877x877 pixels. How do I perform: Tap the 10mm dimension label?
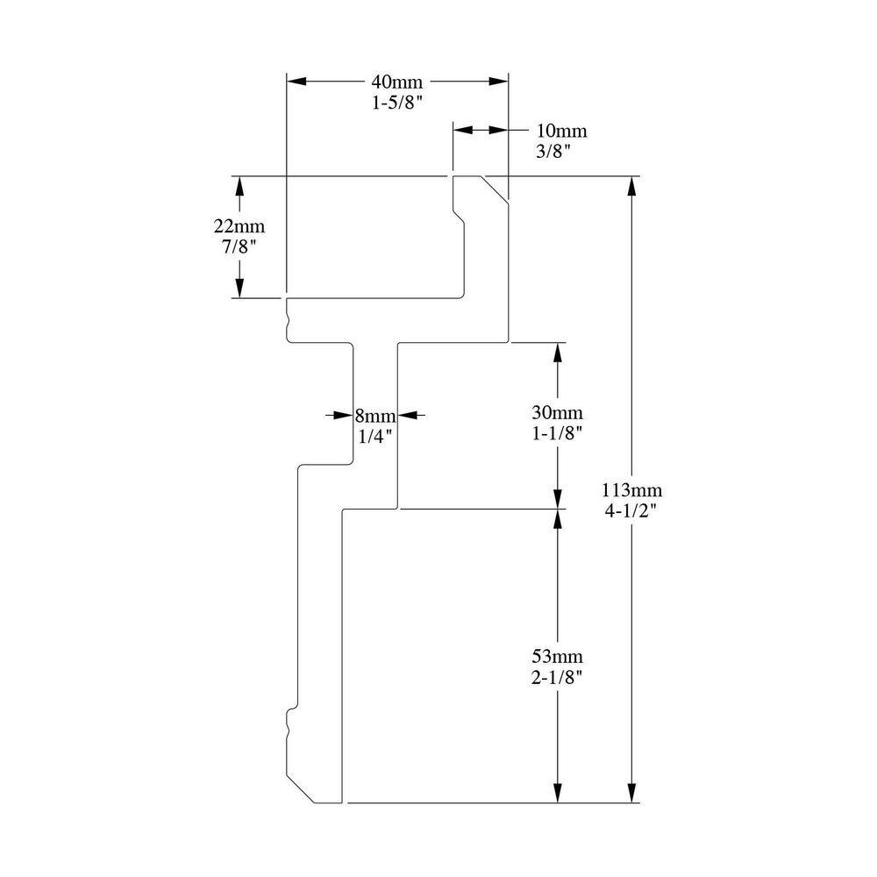(x=561, y=132)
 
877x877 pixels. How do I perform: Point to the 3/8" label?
(x=553, y=152)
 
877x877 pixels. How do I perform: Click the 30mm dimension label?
(x=558, y=412)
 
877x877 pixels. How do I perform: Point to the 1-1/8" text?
(x=558, y=432)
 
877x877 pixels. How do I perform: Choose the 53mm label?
(x=558, y=657)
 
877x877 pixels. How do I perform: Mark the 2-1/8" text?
(x=558, y=677)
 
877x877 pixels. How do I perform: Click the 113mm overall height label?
(x=632, y=490)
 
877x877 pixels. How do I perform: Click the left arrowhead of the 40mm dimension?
(x=296, y=82)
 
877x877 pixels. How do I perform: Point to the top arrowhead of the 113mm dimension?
(x=631, y=185)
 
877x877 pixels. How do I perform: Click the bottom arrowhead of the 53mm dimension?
(x=559, y=794)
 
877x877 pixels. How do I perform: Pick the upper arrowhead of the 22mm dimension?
(x=237, y=185)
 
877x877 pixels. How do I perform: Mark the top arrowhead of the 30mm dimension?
(x=559, y=350)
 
